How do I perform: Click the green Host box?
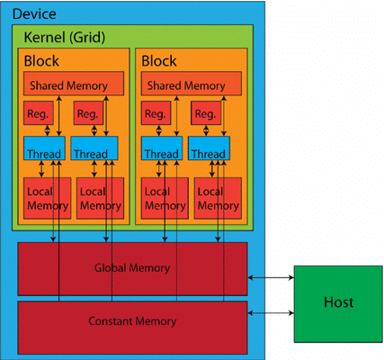coord(338,302)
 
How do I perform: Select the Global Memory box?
coord(132,269)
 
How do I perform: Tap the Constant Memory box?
coord(132,320)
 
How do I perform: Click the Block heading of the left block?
coord(43,62)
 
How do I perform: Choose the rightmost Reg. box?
coord(203,114)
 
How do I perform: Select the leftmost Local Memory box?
coord(48,199)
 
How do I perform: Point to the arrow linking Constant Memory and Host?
coord(269,312)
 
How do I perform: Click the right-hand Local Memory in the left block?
coord(100,199)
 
